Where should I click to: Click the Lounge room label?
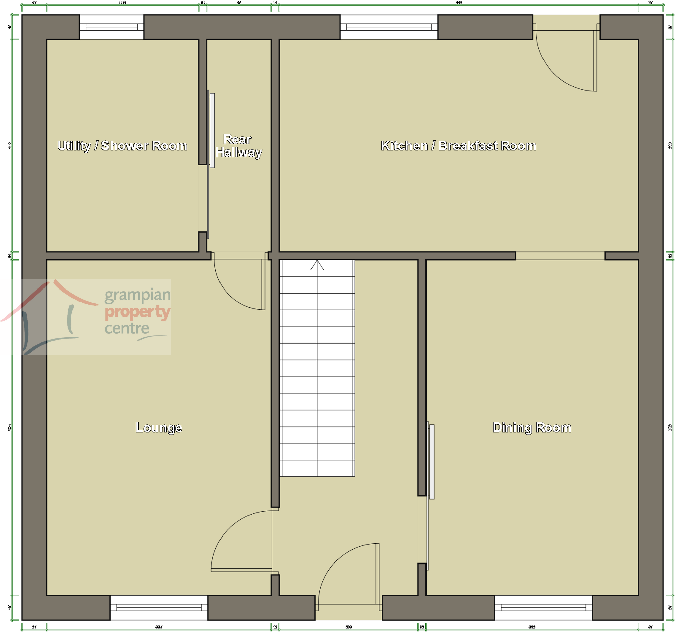tap(158, 428)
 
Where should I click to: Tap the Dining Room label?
tap(532, 428)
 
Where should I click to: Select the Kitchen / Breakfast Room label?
tap(459, 146)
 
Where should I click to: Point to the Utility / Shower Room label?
tap(122, 146)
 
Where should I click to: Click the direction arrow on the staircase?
tap(317, 265)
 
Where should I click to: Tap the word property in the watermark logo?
tap(137, 311)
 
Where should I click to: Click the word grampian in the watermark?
tap(137, 295)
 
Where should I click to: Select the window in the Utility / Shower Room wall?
tap(111, 27)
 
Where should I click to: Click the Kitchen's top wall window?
tap(389, 27)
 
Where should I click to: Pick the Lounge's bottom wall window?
tap(158, 607)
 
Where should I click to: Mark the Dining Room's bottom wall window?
tap(543, 607)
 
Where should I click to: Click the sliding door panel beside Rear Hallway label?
tap(212, 131)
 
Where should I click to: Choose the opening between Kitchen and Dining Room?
tap(560, 256)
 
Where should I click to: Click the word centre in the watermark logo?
tap(127, 328)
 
